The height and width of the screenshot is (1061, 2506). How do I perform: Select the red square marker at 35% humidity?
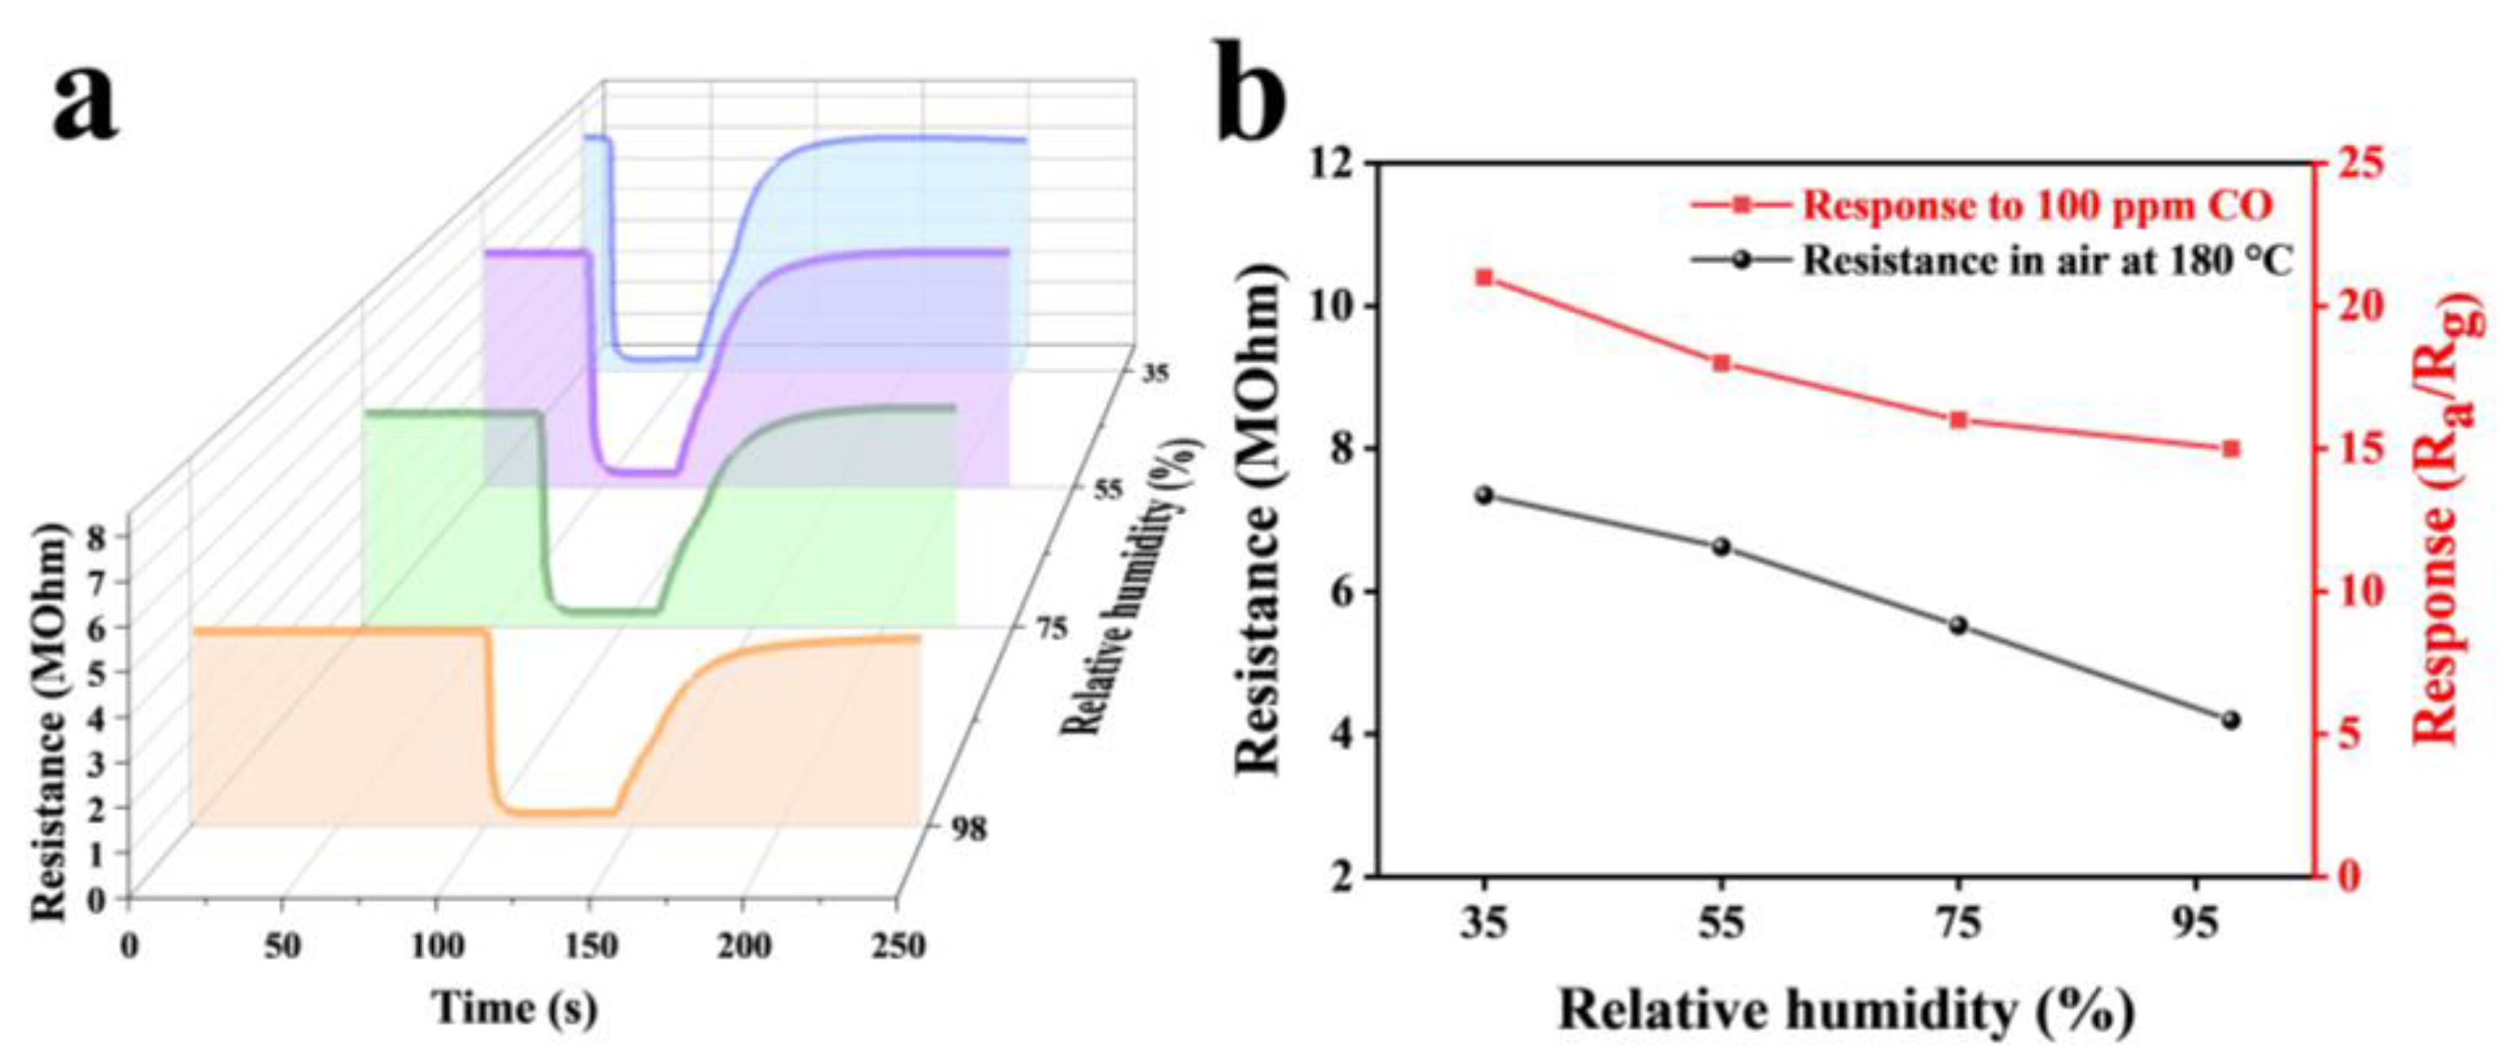coord(1485,278)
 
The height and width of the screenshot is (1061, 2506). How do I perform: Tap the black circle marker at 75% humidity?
coord(1958,625)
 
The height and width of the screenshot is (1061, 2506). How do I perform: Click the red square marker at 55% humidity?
coord(1721,364)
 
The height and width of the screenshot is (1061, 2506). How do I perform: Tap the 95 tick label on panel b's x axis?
coord(2196,924)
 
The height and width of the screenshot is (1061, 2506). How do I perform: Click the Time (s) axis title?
coord(515,1008)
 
